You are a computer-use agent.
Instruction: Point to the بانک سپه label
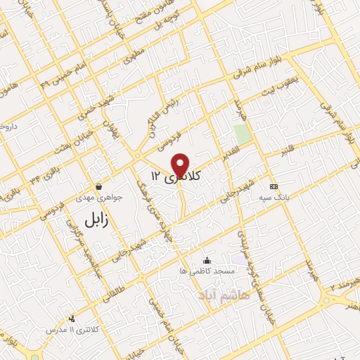(x=274, y=198)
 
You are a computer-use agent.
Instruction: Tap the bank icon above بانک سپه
(x=274, y=186)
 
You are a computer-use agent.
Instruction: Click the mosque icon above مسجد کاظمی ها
(x=206, y=261)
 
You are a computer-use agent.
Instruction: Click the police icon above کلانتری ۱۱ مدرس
(x=71, y=319)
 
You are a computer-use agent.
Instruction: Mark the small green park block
(x=243, y=133)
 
